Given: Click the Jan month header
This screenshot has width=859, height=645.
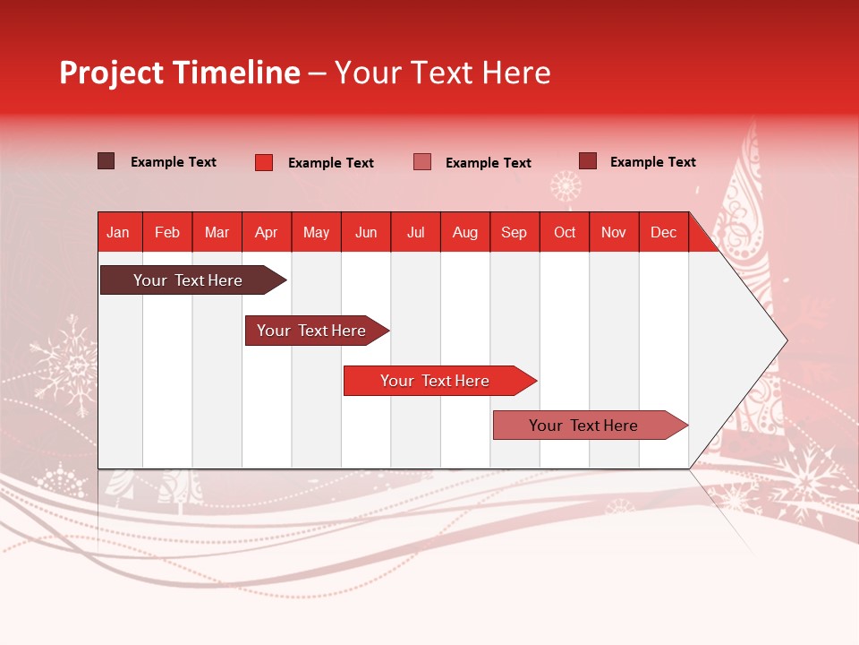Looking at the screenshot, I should tap(118, 232).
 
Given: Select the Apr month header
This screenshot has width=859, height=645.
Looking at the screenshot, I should tap(266, 232).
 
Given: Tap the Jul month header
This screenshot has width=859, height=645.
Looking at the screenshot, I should tap(415, 232).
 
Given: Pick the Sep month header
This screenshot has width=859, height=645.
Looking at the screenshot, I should tap(514, 232).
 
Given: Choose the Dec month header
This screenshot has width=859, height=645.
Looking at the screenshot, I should tap(663, 232).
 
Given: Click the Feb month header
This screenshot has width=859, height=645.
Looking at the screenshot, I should tap(167, 232).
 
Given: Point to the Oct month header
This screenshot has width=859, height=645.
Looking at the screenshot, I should tap(565, 232).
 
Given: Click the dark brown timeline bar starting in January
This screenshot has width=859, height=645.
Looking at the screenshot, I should tap(188, 280).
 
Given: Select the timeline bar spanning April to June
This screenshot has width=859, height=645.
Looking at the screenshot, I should tap(311, 331).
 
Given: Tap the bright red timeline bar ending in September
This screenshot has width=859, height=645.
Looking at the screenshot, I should tap(435, 381).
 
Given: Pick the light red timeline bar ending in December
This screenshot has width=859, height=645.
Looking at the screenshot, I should tap(583, 426).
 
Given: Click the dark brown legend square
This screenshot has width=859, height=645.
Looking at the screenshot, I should tap(106, 161).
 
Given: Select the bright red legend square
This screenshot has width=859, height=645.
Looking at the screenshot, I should tap(264, 162).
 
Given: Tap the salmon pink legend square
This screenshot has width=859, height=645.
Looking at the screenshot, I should tap(422, 162).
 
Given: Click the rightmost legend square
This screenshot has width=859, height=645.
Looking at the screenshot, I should tap(588, 161).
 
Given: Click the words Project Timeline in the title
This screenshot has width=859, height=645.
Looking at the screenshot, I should tap(180, 73).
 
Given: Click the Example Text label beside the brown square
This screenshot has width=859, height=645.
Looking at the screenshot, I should tap(174, 162).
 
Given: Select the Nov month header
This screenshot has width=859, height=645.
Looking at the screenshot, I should tap(614, 232).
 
